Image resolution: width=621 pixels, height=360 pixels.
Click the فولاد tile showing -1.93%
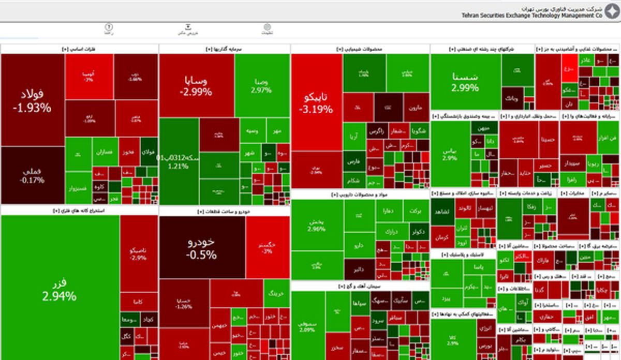coord(32,100)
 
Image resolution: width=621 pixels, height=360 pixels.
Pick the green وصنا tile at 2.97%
coord(261,85)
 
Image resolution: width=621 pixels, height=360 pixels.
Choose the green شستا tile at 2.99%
coord(465,82)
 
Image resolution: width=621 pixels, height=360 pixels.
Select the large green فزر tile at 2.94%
coord(60,290)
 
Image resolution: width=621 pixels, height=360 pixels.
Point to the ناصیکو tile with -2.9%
coord(138,254)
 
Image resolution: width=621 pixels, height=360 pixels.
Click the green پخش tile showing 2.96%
coord(317,224)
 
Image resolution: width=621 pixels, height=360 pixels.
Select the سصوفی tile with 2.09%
coord(307,326)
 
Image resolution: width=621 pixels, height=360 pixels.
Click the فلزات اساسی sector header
coord(79,49)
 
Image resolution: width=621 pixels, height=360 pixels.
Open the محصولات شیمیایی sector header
coord(360,49)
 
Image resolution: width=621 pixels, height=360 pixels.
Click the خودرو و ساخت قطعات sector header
coord(224,212)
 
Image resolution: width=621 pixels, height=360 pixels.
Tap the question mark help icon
coord(109,28)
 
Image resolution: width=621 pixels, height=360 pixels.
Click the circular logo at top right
coord(612,12)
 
